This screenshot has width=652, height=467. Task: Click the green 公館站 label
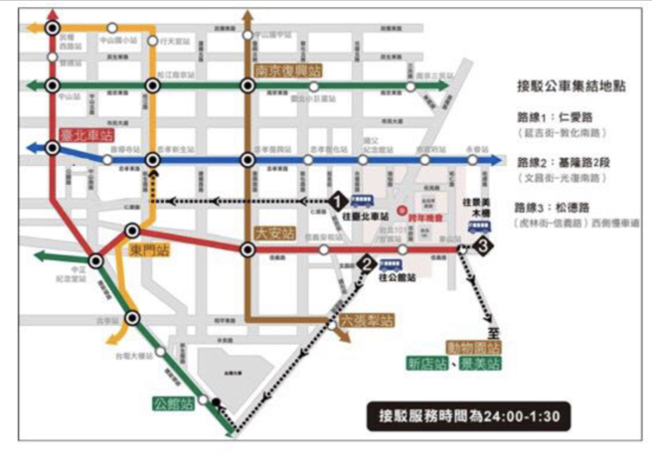(170, 403)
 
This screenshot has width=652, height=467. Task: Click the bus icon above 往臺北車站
(363, 203)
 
